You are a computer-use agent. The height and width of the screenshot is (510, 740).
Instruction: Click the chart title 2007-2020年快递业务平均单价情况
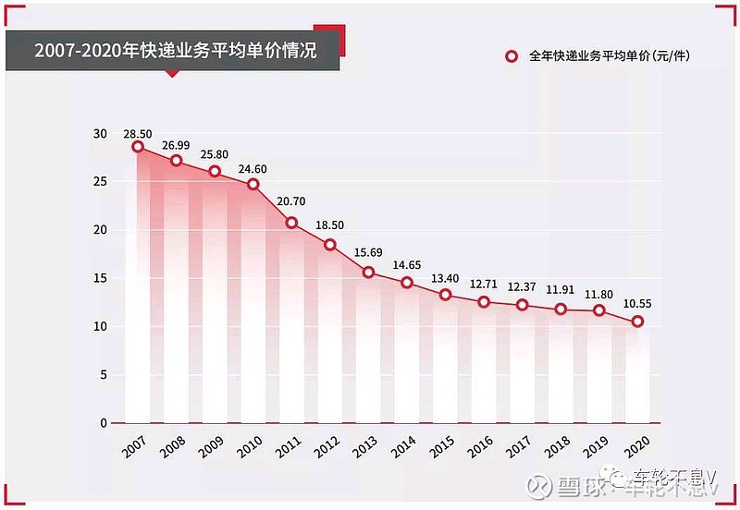(175, 50)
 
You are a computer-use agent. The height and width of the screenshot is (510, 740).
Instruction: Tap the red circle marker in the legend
(511, 56)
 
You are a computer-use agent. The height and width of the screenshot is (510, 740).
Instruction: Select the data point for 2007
(138, 147)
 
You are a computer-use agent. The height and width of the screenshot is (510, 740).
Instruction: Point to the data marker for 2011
(291, 223)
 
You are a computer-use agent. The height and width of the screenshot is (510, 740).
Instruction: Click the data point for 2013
(368, 272)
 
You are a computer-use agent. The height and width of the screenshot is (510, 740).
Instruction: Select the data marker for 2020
(637, 322)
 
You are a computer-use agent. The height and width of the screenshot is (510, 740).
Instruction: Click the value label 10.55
(637, 304)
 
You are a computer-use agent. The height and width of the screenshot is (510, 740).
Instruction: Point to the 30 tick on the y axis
(100, 134)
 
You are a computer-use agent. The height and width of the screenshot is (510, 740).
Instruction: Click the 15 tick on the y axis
(100, 278)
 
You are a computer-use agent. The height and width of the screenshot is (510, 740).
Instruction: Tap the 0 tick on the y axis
(104, 423)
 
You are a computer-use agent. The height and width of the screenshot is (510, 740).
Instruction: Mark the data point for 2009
(215, 172)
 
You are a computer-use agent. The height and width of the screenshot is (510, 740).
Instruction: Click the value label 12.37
(522, 288)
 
